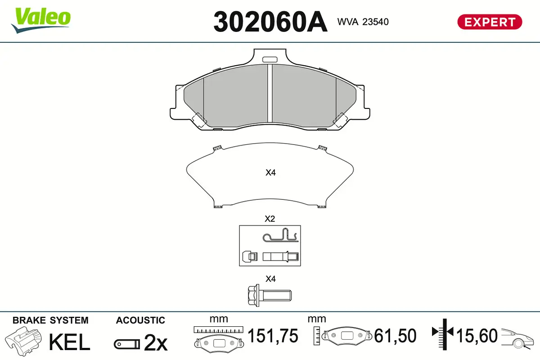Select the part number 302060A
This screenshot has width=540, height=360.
tap(270, 22)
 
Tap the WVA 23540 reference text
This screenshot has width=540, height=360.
tap(363, 22)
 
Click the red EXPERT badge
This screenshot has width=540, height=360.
tap(490, 22)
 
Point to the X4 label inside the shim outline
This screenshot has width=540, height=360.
tap(270, 172)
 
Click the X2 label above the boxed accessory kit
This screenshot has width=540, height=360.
tap(270, 219)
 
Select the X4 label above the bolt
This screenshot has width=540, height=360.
tap(270, 279)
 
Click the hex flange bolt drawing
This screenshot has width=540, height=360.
tap(270, 295)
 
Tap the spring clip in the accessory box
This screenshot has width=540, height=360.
tap(280, 235)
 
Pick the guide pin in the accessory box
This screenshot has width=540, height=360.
tap(281, 256)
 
